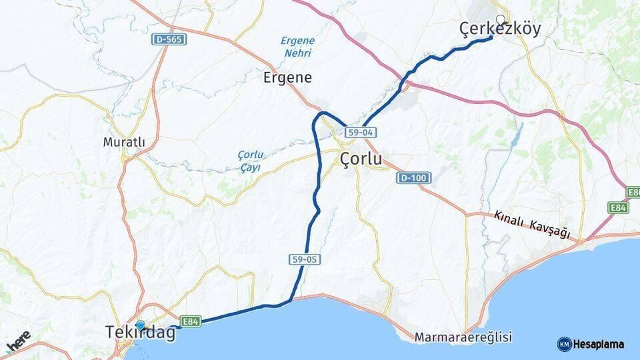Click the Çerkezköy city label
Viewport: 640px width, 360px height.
click(x=500, y=28)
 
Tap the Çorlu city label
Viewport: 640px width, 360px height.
click(x=361, y=159)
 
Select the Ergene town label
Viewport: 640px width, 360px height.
click(x=287, y=77)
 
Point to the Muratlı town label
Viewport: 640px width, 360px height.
click(x=124, y=142)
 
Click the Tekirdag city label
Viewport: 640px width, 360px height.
click(x=141, y=333)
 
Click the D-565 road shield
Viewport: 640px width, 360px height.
click(x=169, y=39)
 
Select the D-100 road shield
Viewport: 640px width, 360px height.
click(x=413, y=178)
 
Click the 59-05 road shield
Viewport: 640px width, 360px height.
click(x=303, y=258)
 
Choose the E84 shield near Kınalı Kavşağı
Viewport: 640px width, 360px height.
click(x=619, y=208)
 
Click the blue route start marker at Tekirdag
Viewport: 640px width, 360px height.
click(x=140, y=325)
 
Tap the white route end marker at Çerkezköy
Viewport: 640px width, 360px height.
click(x=500, y=19)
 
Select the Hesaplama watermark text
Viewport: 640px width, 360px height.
click(x=599, y=345)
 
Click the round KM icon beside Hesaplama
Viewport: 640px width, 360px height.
click(x=564, y=345)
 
